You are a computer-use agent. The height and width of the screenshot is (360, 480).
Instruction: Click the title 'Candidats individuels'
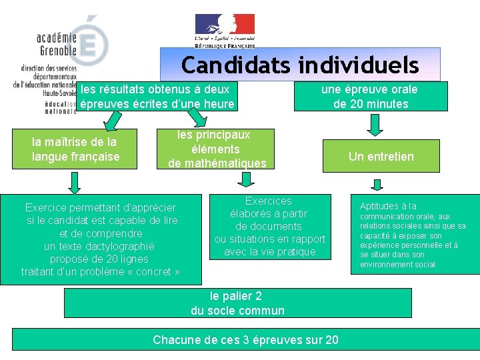(300, 65)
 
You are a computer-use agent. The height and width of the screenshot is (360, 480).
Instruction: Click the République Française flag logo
(225, 30)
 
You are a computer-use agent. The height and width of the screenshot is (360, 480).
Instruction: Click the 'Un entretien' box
(381, 157)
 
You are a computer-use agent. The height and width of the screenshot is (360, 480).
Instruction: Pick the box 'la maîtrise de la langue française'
(75, 149)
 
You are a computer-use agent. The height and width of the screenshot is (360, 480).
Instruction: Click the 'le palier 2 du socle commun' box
(237, 303)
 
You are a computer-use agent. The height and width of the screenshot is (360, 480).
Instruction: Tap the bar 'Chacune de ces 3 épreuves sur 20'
(245, 340)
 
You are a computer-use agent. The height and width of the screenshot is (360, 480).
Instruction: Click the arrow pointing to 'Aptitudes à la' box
(377, 185)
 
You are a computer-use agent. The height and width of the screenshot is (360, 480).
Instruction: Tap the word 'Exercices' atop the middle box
(268, 201)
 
